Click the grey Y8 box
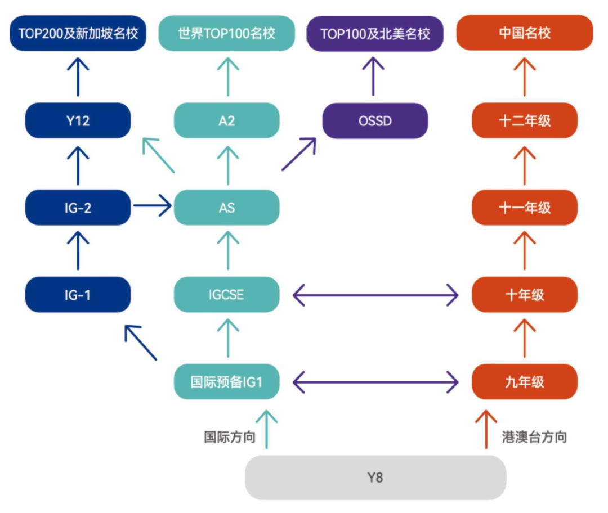[x=375, y=478]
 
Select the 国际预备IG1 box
[x=226, y=382]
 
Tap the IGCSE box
[x=226, y=294]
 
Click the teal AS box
[x=226, y=208]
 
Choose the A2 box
[x=226, y=120]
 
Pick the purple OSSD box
[x=375, y=120]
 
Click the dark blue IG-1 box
[x=78, y=294]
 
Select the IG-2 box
[x=78, y=208]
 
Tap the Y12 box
[x=78, y=120]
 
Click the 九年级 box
[x=524, y=382]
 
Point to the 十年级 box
[x=524, y=294]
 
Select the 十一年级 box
[x=524, y=208]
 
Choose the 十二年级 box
[x=524, y=120]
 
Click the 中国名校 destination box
[x=524, y=33]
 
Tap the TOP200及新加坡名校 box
[x=78, y=33]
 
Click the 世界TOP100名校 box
[x=226, y=33]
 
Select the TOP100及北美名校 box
[x=375, y=33]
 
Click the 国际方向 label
[x=230, y=437]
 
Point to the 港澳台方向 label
[x=534, y=437]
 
